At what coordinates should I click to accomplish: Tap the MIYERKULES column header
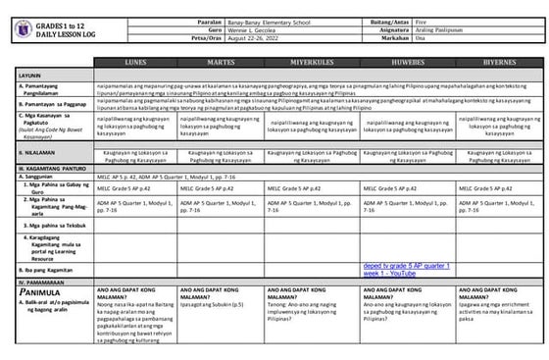(312, 61)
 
